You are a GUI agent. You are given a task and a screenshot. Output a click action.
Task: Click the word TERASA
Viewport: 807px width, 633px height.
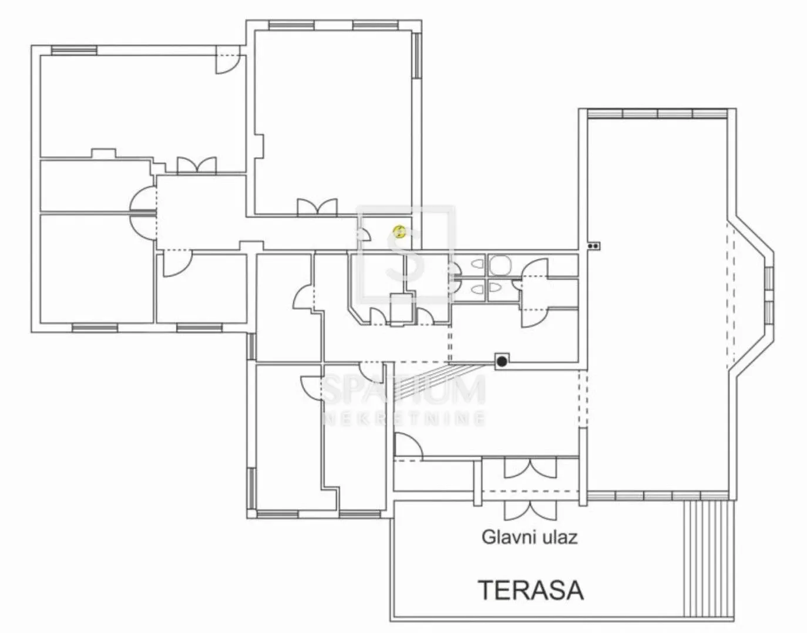pyautogui.click(x=532, y=590)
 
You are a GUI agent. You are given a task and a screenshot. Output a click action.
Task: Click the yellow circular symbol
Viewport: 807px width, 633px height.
pyautogui.click(x=399, y=232)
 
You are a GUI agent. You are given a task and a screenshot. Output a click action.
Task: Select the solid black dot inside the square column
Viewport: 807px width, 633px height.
pyautogui.click(x=502, y=361)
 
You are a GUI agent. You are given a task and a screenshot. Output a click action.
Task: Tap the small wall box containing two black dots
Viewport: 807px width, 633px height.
pyautogui.click(x=593, y=245)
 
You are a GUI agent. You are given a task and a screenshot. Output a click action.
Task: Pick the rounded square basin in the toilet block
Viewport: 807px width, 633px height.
pyautogui.click(x=500, y=265)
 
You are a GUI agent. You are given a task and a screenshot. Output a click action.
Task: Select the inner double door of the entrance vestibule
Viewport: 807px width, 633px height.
pyautogui.click(x=530, y=468)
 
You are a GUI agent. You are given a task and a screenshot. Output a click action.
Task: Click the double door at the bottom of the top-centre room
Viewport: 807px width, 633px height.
pyautogui.click(x=318, y=207)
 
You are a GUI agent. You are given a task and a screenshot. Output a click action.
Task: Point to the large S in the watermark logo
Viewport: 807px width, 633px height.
pyautogui.click(x=405, y=255)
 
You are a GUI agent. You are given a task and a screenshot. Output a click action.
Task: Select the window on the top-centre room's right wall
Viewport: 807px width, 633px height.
pyautogui.click(x=417, y=56)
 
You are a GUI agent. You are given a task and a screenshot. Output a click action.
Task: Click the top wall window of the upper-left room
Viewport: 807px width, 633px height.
pyautogui.click(x=74, y=50)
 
